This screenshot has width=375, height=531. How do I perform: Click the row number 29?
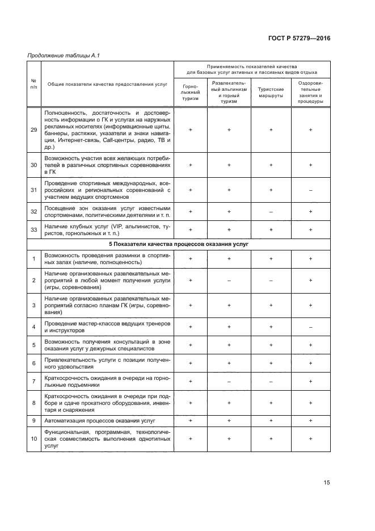(33, 130)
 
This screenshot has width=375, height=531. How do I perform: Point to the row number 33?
(33, 229)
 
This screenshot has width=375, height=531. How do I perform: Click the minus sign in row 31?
(311, 190)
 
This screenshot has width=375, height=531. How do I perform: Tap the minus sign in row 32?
(271, 211)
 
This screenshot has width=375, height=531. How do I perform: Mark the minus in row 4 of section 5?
(311, 327)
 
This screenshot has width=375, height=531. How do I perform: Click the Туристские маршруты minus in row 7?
(271, 382)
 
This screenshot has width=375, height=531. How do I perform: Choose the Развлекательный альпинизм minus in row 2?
(229, 280)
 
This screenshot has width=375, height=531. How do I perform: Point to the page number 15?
(327, 483)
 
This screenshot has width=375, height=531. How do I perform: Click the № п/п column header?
(33, 84)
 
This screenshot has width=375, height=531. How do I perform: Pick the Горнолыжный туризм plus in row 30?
(191, 165)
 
